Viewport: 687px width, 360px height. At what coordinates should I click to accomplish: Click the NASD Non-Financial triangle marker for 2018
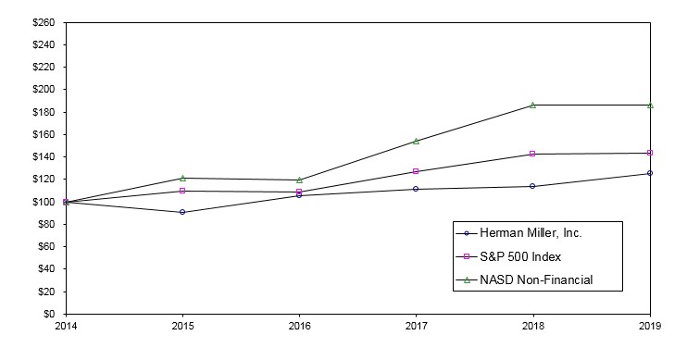pos(532,105)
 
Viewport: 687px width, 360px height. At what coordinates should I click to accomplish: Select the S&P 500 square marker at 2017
pos(416,171)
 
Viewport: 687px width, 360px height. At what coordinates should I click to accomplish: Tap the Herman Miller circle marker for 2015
pos(182,212)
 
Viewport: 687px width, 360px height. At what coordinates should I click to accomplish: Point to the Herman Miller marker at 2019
pos(650,173)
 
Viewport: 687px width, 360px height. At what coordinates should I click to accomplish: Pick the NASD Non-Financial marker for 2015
pos(182,178)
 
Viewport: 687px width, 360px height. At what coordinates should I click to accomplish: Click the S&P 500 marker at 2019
pos(650,153)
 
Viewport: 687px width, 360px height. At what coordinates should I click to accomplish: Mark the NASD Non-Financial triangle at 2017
pos(416,141)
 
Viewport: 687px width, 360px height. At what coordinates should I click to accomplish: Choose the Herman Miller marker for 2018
pos(532,186)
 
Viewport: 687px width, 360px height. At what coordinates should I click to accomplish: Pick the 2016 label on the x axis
pos(299,326)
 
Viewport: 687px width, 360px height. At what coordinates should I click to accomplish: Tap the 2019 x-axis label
pos(650,326)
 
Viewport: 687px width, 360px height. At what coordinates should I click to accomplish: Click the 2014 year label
pos(66,326)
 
